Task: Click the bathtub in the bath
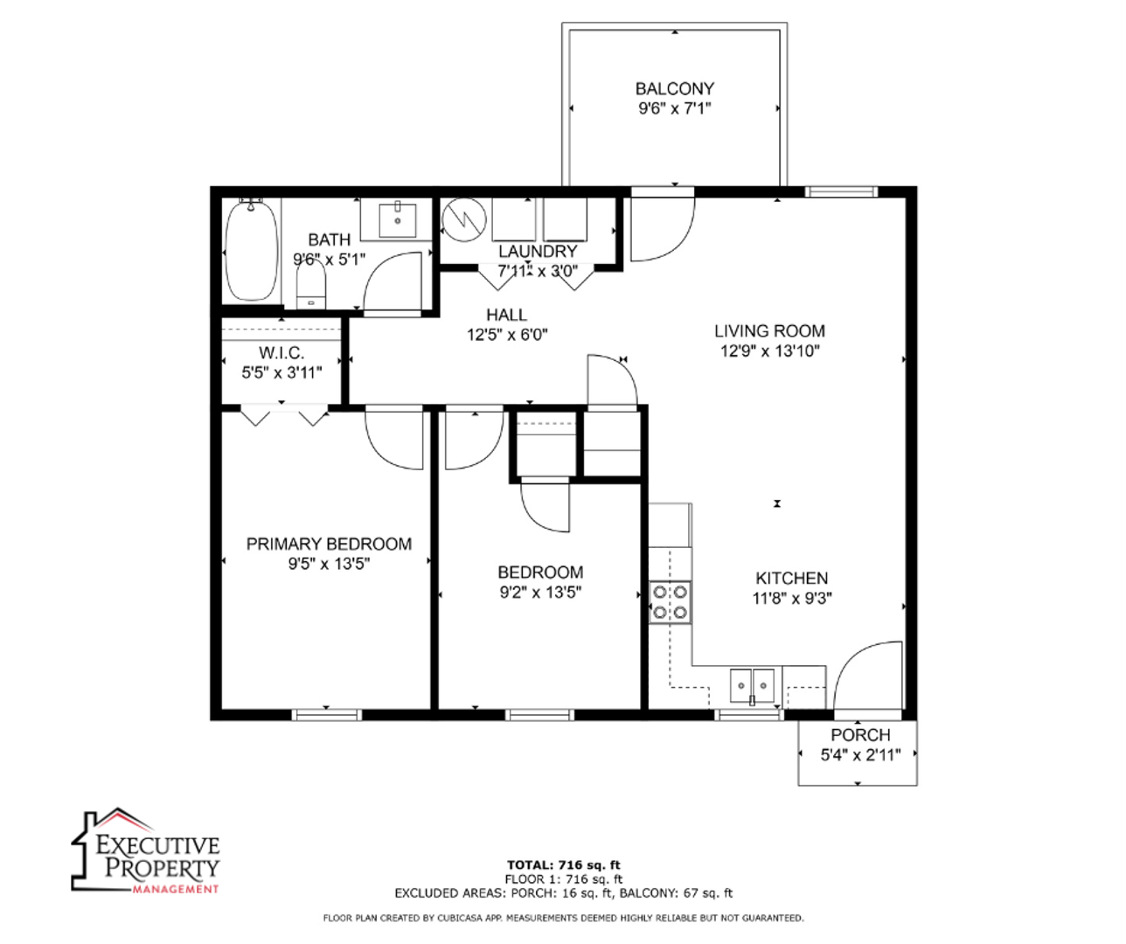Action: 252,250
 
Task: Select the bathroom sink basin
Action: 398,220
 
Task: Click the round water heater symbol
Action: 463,220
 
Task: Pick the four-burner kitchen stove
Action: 670,602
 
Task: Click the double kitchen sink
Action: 753,686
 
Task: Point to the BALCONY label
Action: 675,88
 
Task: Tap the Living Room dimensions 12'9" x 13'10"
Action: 770,351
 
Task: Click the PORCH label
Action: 860,735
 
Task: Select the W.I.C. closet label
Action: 281,353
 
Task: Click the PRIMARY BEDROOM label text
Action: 329,544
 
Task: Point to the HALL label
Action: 507,315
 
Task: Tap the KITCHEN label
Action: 792,579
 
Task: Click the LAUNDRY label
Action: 538,251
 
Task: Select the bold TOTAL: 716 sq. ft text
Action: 564,865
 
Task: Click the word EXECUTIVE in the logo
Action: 157,845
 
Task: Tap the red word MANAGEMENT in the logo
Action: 175,889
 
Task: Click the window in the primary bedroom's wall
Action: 327,715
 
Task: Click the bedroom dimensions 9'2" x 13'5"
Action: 540,593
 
